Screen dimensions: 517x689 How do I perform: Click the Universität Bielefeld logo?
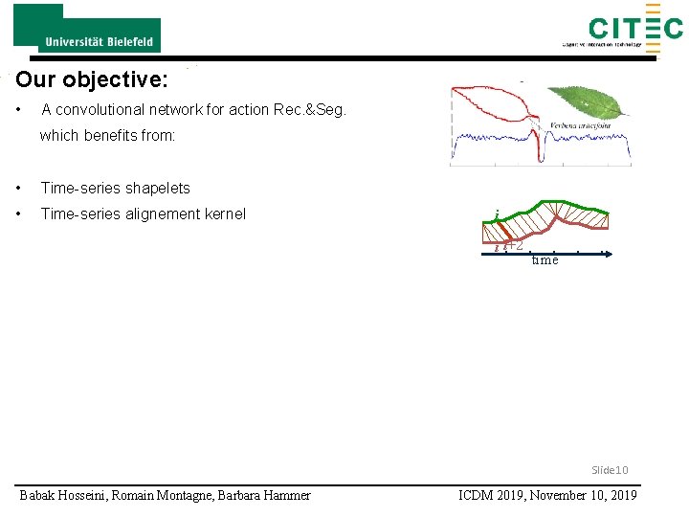click(x=86, y=29)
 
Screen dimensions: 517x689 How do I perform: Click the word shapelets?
click(x=153, y=189)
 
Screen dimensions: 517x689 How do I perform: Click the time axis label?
click(x=545, y=260)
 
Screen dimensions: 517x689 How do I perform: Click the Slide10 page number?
click(x=610, y=470)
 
